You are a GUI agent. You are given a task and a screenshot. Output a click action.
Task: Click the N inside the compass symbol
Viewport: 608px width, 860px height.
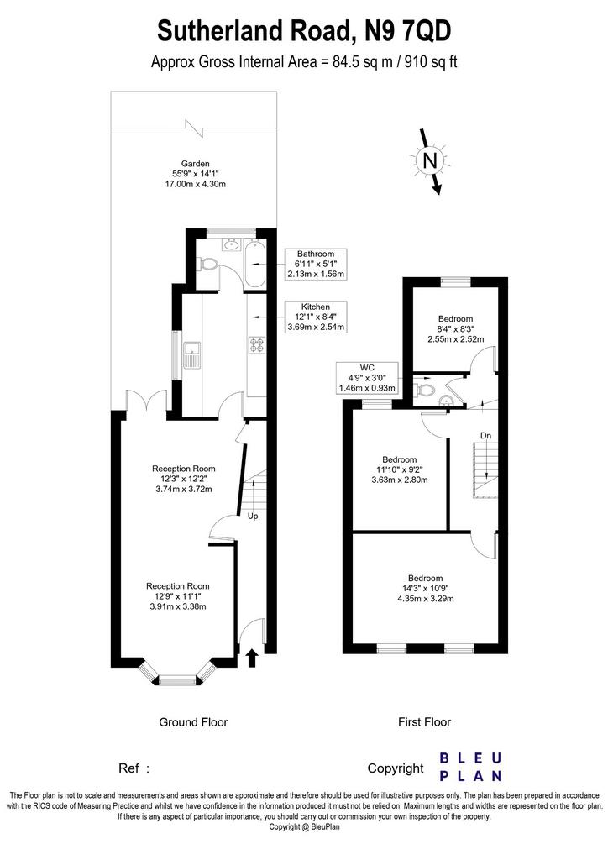pos(430,161)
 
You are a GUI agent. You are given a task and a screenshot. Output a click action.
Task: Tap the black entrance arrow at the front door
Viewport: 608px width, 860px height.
pos(252,658)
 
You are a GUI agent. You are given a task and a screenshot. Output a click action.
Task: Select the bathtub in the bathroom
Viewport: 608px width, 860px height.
pos(255,264)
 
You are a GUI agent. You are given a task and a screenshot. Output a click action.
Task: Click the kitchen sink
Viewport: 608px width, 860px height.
pos(192,355)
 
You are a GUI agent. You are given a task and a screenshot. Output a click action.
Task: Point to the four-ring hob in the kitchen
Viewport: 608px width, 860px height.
pos(257,344)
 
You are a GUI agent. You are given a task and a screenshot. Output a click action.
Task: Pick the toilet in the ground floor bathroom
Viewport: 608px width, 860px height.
pos(209,265)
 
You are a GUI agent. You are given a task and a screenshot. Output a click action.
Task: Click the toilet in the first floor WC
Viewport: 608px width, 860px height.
pos(426,391)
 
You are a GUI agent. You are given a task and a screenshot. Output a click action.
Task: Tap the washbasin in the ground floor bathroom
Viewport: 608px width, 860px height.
pos(231,244)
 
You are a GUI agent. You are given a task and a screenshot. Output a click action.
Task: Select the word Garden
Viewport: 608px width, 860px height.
pos(196,164)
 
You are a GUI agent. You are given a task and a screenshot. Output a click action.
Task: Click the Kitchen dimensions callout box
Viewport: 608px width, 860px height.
pos(316,317)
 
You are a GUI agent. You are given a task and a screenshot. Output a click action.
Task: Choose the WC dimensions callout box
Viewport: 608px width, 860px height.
pos(367,378)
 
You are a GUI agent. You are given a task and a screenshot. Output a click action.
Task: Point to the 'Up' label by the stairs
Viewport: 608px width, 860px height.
pos(253,517)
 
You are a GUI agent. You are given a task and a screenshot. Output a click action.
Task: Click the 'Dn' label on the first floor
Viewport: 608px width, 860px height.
pos(485,436)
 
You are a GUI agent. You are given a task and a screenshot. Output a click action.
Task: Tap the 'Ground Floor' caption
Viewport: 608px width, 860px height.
pos(193,722)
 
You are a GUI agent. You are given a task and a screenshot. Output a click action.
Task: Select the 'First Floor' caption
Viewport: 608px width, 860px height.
pos(424,722)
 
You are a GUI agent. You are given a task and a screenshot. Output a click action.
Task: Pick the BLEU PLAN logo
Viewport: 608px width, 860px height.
pos(471,767)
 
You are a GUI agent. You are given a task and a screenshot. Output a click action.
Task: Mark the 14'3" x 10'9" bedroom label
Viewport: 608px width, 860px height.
pos(426,589)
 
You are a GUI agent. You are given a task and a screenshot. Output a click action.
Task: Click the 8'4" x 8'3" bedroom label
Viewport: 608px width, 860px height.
pos(456,329)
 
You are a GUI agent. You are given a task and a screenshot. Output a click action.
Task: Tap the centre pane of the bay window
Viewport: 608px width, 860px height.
pos(177,680)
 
